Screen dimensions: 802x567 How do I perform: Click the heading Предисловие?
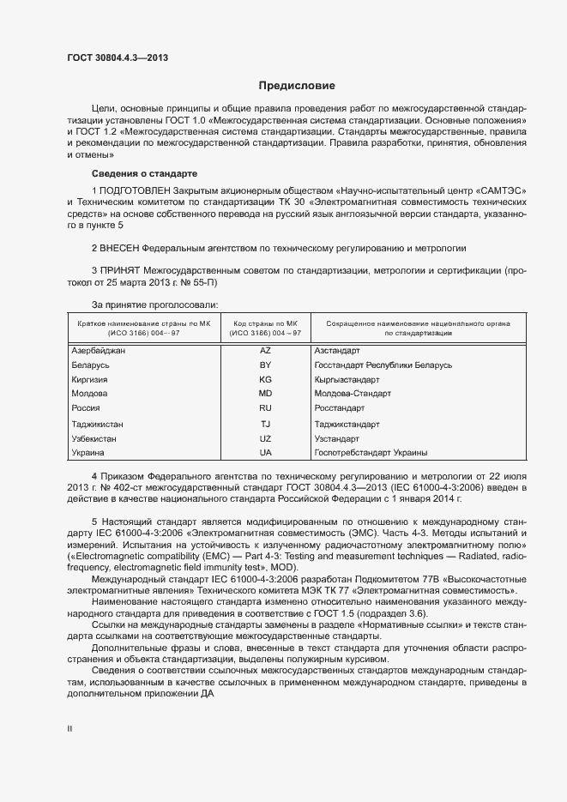(297, 86)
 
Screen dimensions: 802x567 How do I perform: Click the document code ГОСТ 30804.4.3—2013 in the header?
(118, 57)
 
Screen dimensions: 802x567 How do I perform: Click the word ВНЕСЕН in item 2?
(123, 247)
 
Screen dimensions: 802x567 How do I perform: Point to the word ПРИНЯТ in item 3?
(121, 270)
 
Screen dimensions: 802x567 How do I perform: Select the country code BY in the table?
(265, 365)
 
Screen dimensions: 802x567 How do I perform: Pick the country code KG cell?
(265, 379)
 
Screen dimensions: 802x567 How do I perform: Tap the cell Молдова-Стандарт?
(353, 394)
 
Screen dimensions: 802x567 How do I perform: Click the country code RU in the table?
(265, 408)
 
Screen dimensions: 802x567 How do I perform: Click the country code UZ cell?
(265, 438)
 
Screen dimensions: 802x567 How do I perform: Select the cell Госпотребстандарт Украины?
(371, 452)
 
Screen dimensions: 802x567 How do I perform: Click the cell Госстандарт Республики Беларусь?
(383, 365)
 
